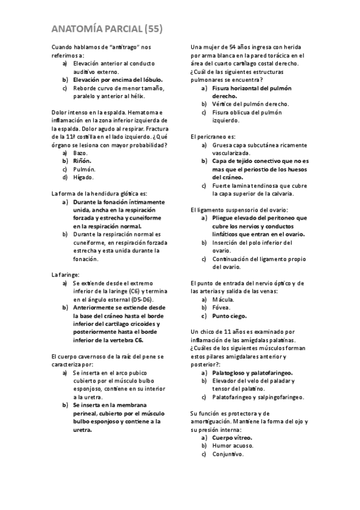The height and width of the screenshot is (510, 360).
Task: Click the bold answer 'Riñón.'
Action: tap(82, 161)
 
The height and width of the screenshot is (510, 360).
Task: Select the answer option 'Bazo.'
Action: tap(81, 153)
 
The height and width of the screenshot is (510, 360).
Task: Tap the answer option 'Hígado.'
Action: tap(84, 177)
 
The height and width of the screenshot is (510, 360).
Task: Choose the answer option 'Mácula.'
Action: tap(223, 299)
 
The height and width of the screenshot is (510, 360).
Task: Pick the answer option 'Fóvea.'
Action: tap(222, 307)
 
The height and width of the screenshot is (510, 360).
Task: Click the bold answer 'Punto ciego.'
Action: tap(229, 316)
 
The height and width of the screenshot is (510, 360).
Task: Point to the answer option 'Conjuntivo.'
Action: tap(228, 454)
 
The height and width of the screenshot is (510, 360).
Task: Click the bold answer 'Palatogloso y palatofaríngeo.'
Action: tap(252, 373)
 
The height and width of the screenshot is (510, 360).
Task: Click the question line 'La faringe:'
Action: tap(66, 275)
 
